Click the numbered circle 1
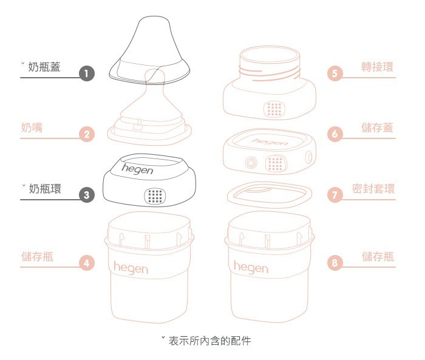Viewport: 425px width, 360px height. (87, 73)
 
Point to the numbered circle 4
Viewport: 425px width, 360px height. (87, 263)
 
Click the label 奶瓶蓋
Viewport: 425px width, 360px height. (44, 66)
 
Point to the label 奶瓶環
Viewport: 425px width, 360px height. (44, 188)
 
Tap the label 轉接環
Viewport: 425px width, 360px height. (377, 66)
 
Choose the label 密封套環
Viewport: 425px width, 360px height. (373, 188)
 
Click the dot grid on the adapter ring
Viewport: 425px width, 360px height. (275, 109)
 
